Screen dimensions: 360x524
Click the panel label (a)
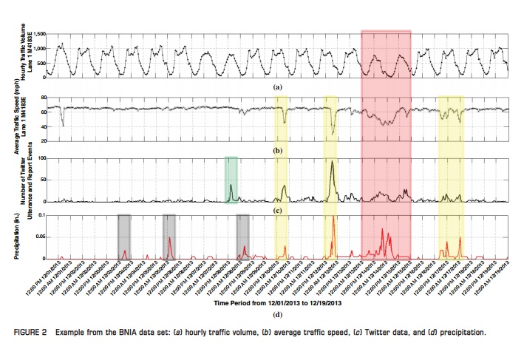click(278, 86)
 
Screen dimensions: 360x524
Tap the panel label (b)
click(278, 151)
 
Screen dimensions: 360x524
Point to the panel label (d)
click(278, 315)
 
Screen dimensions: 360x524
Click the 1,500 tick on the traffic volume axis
click(38, 35)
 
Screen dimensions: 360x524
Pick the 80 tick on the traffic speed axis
click(43, 98)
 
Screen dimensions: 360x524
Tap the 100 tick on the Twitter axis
click(41, 159)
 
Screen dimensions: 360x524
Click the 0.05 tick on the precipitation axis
click(39, 237)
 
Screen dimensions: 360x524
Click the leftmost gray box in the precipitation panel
click(124, 236)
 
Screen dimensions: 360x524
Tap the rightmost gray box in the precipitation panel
click(242, 236)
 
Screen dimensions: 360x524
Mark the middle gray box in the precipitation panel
click(169, 236)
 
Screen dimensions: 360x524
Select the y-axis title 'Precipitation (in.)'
click(17, 237)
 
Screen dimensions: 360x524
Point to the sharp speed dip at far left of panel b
click(63, 124)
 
